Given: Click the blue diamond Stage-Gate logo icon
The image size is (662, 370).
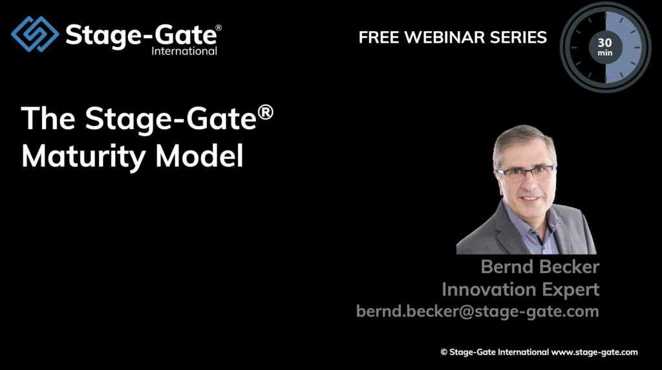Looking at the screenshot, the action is [35, 34].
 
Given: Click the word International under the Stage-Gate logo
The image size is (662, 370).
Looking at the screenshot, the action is [184, 51].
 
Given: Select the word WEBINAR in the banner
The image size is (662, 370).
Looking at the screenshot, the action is [445, 37].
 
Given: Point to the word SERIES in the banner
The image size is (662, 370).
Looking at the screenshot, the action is [518, 37].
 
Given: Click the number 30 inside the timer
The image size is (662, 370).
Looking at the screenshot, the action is [604, 43].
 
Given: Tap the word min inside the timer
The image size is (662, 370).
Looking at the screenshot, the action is [605, 53].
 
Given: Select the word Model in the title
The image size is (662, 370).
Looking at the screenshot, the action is [199, 156].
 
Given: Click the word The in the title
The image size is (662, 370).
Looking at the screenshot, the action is [48, 118].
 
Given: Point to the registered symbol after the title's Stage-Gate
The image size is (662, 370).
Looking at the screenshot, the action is [265, 112].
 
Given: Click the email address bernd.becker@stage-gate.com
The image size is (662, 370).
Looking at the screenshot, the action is [478, 311].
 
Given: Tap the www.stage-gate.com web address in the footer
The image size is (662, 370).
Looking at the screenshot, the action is [595, 353].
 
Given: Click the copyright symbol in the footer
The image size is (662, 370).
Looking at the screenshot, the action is [443, 353].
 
